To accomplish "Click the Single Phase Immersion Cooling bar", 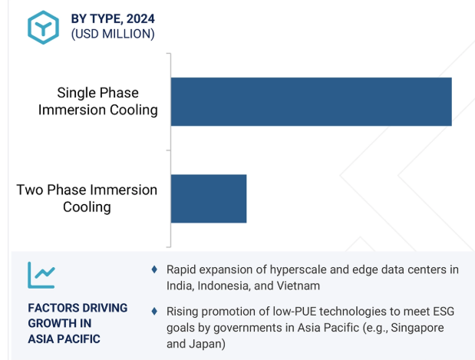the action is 311,101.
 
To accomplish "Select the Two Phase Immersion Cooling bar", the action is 209,199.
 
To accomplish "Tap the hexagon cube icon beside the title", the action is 43,28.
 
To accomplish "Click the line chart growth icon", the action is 41,275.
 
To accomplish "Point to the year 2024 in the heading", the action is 140,18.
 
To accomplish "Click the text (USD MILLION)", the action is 113,34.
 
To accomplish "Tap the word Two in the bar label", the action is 30,190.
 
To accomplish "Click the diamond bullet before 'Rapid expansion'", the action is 154,269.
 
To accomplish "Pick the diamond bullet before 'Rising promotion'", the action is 154,311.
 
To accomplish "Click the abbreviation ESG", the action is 444,312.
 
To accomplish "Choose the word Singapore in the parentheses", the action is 417,328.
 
